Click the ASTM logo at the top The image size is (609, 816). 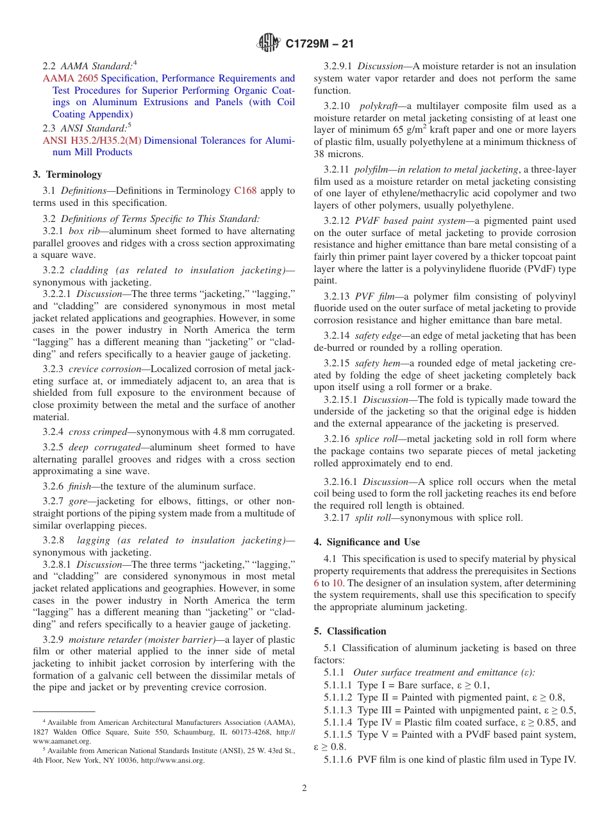[269, 43]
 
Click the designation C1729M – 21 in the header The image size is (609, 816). [319, 44]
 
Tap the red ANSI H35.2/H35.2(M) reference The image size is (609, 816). [92, 140]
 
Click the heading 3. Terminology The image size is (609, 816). [67, 174]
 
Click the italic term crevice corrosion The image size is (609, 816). [104, 369]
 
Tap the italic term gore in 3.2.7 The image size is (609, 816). [78, 500]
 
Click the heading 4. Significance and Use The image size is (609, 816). [367, 542]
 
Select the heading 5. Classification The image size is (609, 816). [350, 631]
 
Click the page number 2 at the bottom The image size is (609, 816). [304, 788]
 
